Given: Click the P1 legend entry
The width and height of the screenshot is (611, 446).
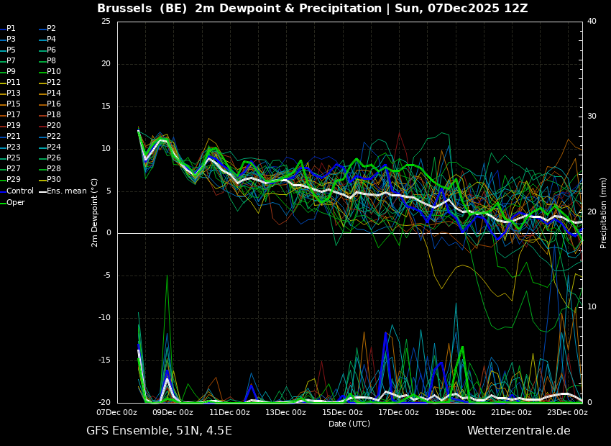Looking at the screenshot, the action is [8, 29].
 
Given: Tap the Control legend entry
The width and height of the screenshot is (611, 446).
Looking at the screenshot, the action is [17, 191].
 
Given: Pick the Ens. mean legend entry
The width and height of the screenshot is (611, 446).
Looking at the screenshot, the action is [63, 191].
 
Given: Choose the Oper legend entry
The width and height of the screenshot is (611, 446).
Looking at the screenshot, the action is [12, 202].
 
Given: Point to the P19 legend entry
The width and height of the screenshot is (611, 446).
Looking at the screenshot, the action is [11, 126].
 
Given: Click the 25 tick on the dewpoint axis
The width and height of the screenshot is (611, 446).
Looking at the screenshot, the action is [106, 21].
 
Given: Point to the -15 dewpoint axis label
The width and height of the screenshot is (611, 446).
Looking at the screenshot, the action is [104, 360].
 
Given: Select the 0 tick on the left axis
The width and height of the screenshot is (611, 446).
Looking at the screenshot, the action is [109, 233].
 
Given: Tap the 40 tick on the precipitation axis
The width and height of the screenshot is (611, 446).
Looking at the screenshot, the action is [592, 21].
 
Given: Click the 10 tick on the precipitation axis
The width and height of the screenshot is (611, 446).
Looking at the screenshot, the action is [592, 307].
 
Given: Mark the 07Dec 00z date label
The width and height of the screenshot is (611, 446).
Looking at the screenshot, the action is [117, 412].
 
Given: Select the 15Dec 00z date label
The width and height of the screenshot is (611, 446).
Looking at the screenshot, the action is [342, 412].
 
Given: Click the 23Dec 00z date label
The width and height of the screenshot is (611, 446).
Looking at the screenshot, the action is [567, 412].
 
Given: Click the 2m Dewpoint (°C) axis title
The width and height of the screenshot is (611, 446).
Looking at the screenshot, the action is [94, 213].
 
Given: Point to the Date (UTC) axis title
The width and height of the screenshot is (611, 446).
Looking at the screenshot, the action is [349, 424].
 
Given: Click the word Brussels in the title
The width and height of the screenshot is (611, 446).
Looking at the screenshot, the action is [124, 8].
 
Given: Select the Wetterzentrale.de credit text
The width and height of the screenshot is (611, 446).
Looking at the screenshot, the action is [519, 431].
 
